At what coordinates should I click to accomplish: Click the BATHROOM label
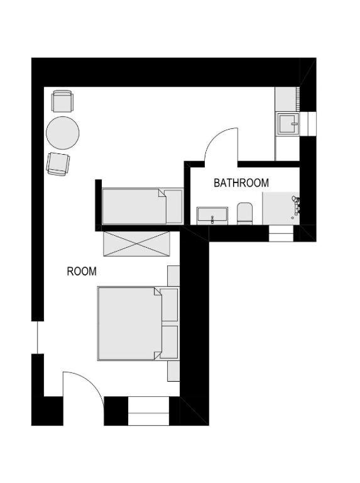[241, 183]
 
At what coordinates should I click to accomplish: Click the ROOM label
[82, 272]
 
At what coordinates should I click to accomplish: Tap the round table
[62, 133]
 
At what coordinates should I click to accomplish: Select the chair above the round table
[63, 101]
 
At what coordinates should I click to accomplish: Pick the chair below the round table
[58, 164]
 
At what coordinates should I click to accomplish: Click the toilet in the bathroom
[244, 213]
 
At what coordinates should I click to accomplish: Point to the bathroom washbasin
[212, 216]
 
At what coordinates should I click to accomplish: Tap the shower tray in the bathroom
[281, 209]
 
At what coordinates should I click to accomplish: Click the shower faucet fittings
[296, 206]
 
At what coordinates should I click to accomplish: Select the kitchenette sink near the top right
[288, 124]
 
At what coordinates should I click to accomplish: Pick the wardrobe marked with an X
[136, 243]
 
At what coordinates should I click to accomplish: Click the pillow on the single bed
[174, 206]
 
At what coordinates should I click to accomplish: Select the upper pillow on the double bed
[170, 305]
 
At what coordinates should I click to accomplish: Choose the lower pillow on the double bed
[170, 342]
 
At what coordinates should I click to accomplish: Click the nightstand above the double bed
[173, 276]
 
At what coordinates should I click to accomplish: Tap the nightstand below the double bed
[173, 371]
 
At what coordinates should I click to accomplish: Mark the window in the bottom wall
[149, 411]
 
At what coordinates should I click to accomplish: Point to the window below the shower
[281, 233]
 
